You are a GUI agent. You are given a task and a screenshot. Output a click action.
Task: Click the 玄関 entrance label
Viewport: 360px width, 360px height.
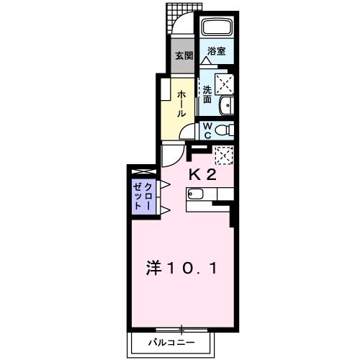(184, 56)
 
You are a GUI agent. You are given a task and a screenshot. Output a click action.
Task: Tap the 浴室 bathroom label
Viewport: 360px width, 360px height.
(217, 51)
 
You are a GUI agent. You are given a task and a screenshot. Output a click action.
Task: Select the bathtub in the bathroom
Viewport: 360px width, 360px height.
(217, 27)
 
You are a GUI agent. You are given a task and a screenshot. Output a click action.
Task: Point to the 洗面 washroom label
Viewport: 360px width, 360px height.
(207, 94)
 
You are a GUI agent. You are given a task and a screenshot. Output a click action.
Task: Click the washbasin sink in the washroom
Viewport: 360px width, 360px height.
(227, 105)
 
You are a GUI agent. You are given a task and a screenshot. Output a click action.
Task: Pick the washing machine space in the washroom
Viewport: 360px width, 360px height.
(224, 84)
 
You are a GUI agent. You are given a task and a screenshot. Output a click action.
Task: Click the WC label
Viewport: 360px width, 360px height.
(207, 130)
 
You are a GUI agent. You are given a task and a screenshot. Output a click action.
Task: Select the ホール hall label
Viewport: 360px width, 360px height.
(181, 104)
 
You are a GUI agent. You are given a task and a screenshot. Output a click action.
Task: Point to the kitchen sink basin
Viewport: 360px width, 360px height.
(195, 194)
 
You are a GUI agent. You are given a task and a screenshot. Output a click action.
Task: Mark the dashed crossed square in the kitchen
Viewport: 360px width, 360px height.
(224, 156)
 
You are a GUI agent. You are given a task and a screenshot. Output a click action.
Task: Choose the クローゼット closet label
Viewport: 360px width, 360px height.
(143, 197)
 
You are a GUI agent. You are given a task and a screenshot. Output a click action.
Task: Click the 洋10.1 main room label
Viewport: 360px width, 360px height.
(182, 269)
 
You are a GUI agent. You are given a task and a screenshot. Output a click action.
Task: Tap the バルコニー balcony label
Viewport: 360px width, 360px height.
(171, 342)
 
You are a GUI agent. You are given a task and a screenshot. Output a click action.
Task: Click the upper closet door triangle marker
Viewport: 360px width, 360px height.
(166, 184)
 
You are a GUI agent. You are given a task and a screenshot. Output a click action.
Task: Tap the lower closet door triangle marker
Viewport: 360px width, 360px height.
(166, 210)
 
